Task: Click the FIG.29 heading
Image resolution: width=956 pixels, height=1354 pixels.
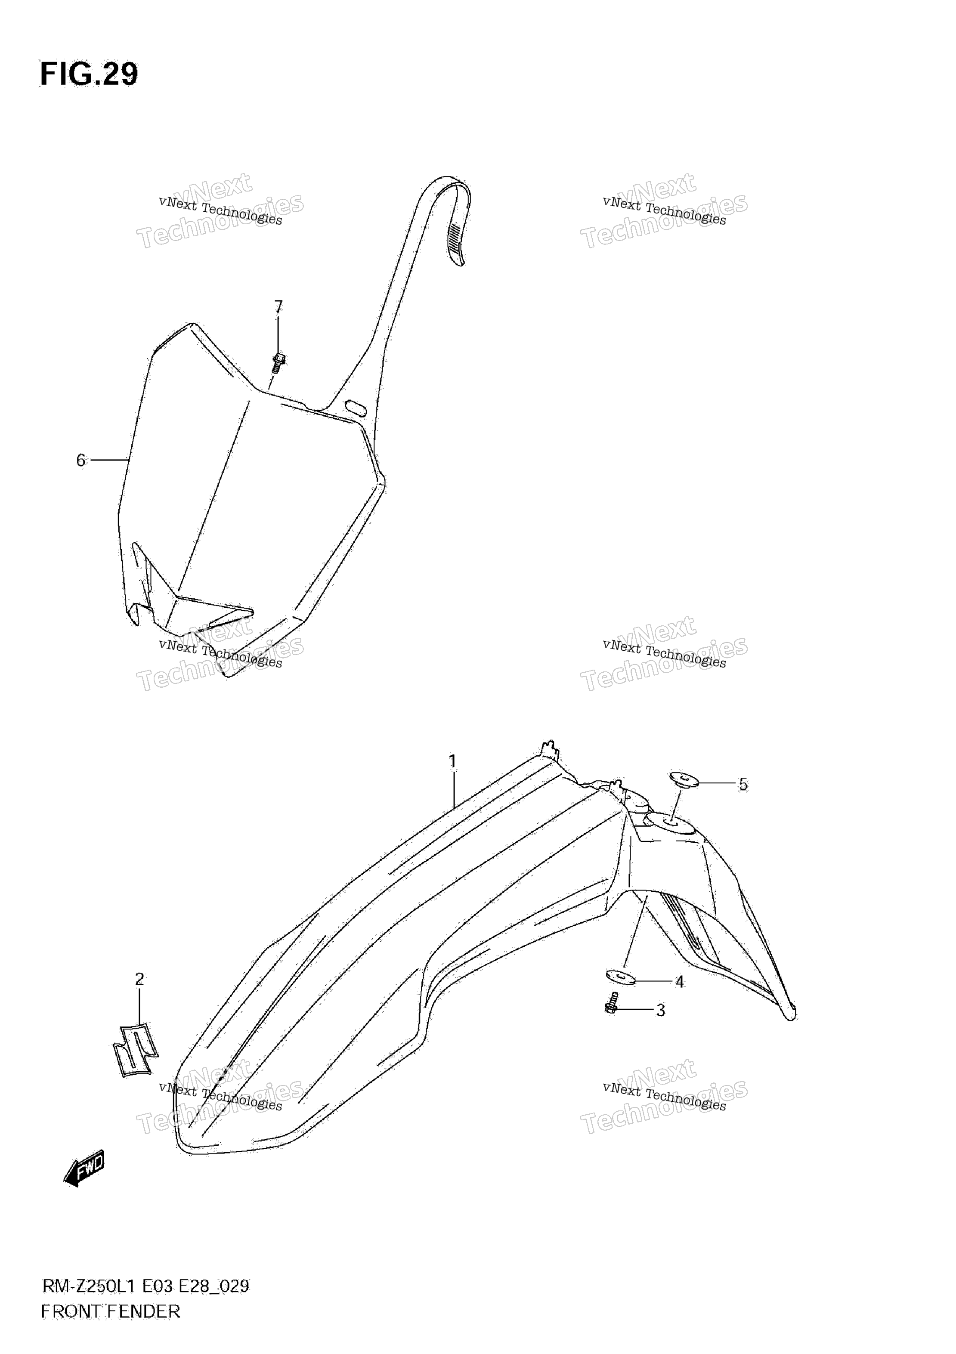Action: click(x=89, y=74)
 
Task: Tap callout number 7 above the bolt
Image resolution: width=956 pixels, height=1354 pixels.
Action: click(x=278, y=307)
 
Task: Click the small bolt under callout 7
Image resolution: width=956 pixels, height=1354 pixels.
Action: click(x=279, y=362)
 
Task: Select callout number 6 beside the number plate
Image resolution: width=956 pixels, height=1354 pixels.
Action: click(x=81, y=460)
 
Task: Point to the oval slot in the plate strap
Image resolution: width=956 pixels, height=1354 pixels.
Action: click(x=356, y=407)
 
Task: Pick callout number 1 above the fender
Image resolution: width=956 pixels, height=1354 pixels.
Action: click(x=452, y=762)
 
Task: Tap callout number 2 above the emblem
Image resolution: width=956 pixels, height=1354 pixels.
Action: click(x=139, y=980)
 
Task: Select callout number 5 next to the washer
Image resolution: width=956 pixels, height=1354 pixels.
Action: click(x=743, y=784)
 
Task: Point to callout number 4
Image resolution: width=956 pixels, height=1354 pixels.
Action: click(x=679, y=982)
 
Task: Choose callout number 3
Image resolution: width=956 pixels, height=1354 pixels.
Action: click(x=661, y=1011)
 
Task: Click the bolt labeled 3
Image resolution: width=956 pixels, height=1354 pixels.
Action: click(x=612, y=1003)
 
